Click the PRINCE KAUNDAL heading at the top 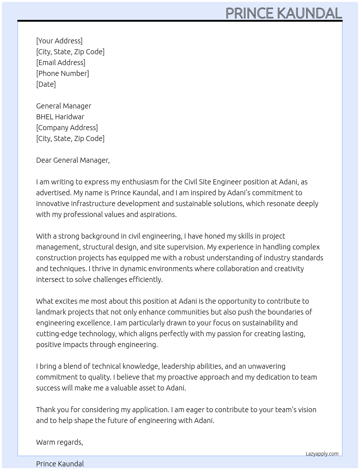283,13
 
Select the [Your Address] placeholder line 59,41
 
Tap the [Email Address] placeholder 61,63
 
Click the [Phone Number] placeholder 63,73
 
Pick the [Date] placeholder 46,84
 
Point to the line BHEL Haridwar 60,117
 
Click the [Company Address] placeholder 67,128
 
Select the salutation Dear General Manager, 73,160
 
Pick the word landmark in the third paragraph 51,312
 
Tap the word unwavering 266,366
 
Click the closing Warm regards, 59,442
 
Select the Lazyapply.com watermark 322,454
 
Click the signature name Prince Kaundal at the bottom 60,464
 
